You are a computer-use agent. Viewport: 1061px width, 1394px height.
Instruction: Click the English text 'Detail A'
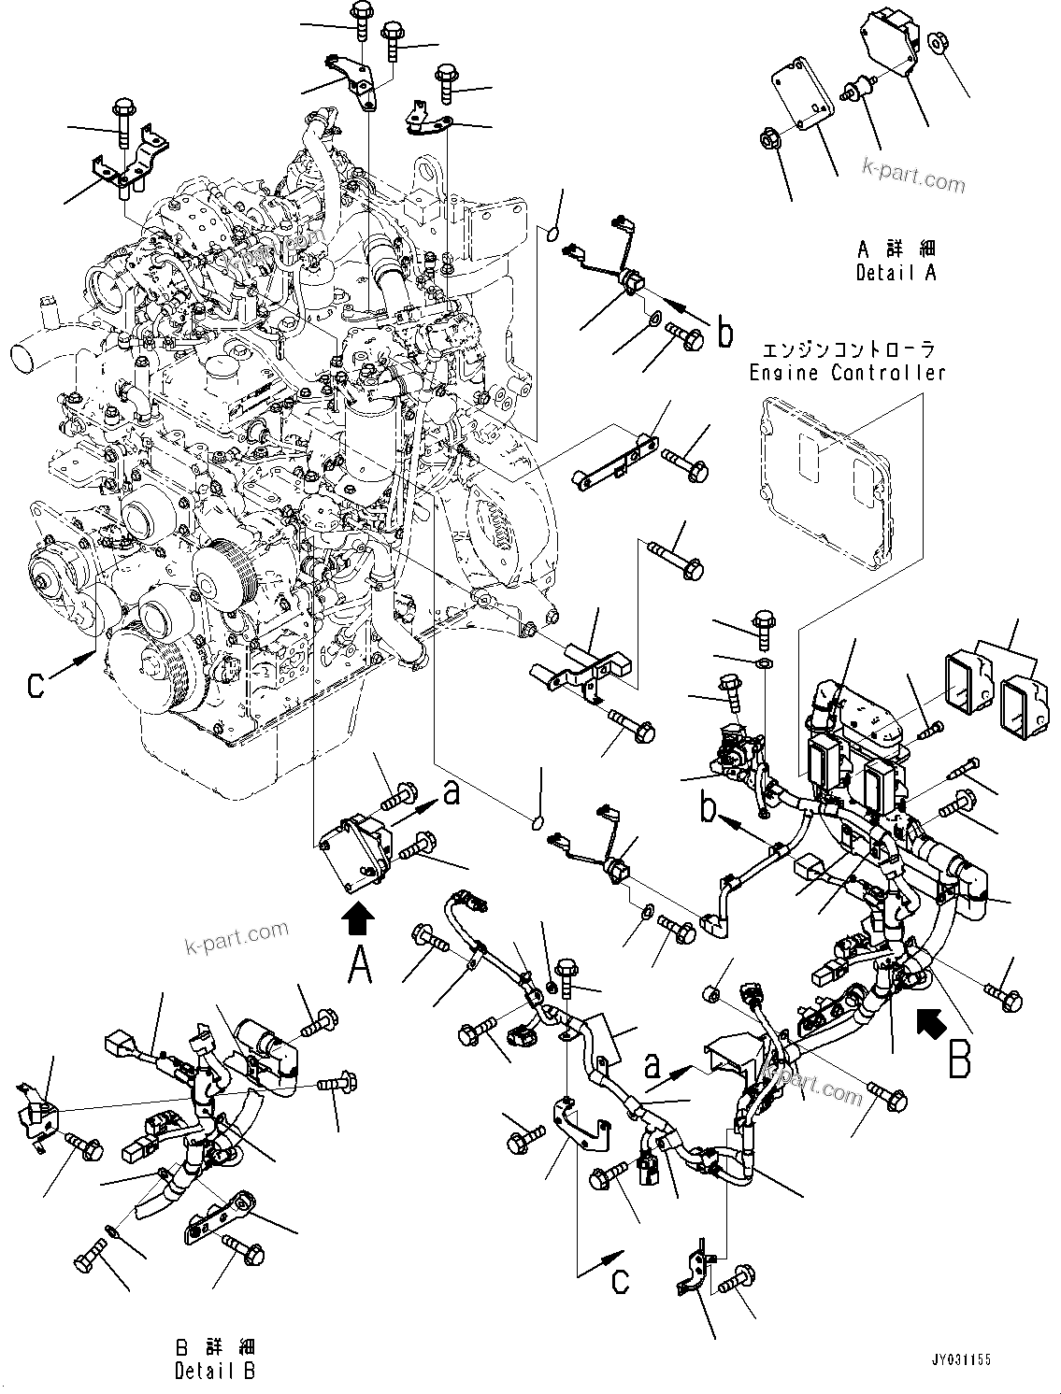point(895,273)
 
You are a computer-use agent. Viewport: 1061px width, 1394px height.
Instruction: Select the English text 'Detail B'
point(213,1371)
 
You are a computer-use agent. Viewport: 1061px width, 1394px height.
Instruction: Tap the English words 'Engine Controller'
point(847,373)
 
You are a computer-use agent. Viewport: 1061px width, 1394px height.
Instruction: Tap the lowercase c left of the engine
point(35,685)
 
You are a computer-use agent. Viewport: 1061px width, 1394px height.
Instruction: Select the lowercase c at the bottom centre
point(620,1280)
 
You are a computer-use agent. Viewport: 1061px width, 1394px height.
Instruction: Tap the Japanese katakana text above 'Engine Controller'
point(848,350)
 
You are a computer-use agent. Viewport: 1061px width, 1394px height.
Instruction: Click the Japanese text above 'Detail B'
point(214,1348)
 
